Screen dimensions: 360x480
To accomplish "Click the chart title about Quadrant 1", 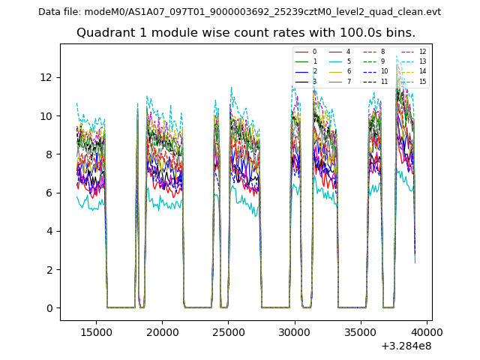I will (x=245, y=33).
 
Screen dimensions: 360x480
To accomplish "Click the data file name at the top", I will (x=239, y=12).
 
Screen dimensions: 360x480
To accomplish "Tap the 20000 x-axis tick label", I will (x=161, y=332).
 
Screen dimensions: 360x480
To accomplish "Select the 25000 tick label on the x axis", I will (x=228, y=332).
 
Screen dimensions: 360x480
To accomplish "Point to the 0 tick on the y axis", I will (x=49, y=308).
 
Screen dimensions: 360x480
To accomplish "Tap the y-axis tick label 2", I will (x=49, y=270).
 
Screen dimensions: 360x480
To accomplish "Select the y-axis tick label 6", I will (x=49, y=193).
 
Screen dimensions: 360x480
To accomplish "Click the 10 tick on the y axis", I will (x=46, y=116).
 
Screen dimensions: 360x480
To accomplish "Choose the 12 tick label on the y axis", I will (x=46, y=77).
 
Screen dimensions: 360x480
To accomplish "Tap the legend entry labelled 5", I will (x=348, y=61).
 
